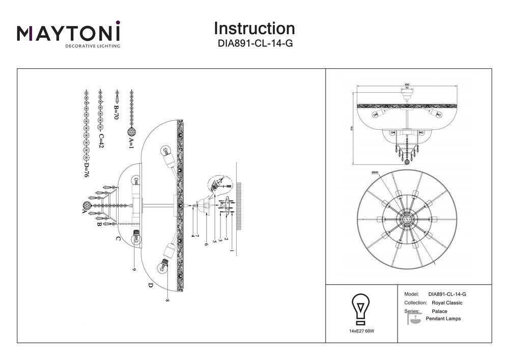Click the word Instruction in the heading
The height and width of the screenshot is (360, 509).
click(254, 28)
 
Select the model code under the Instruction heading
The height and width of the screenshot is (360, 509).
click(254, 44)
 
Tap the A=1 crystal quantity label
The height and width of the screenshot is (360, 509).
click(131, 143)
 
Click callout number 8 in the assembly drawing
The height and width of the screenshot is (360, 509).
click(166, 300)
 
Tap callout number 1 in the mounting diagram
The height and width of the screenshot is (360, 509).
click(232, 251)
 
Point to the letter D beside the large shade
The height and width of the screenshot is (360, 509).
click(151, 285)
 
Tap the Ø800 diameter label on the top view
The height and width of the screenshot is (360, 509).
click(375, 173)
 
